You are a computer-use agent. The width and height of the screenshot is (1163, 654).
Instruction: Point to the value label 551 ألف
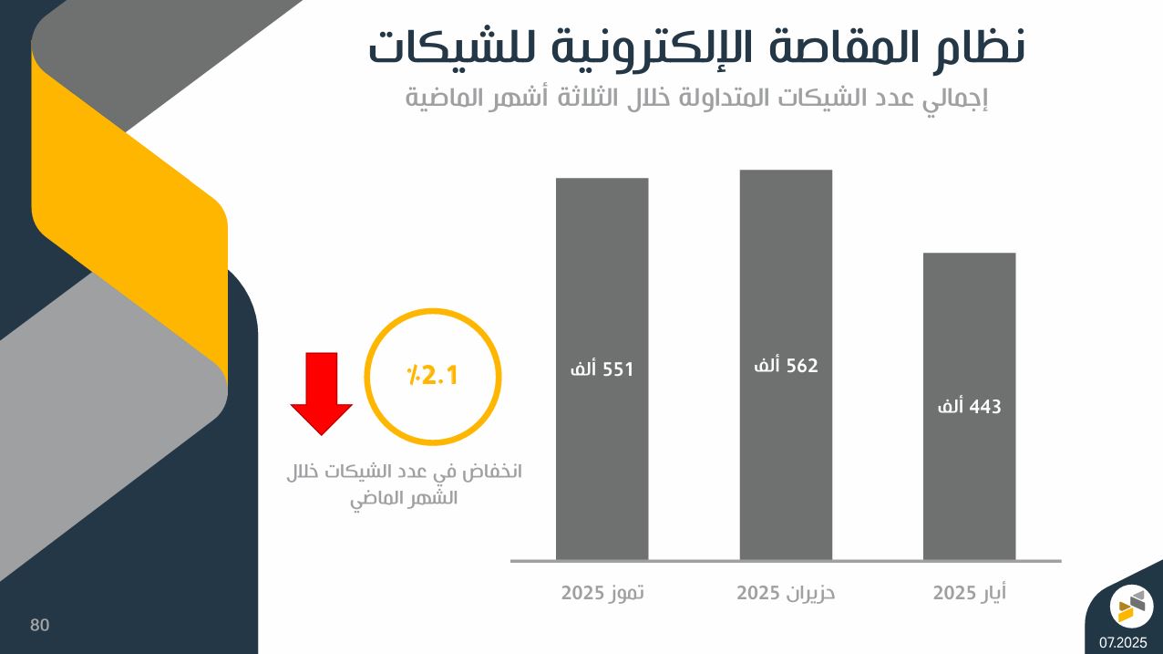(601, 369)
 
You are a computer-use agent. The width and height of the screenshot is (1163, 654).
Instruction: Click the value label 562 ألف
(787, 366)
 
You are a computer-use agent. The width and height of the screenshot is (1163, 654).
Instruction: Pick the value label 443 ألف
(970, 407)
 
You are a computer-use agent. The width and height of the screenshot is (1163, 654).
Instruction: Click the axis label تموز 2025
(602, 593)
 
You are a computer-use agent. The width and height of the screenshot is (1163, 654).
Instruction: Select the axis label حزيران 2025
(786, 593)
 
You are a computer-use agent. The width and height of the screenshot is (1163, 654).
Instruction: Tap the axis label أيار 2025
(970, 593)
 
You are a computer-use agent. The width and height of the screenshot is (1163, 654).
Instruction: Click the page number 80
(40, 625)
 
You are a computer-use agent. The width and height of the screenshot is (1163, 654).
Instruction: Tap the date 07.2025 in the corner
(1123, 643)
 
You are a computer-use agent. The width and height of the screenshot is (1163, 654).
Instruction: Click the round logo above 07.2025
(1131, 607)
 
